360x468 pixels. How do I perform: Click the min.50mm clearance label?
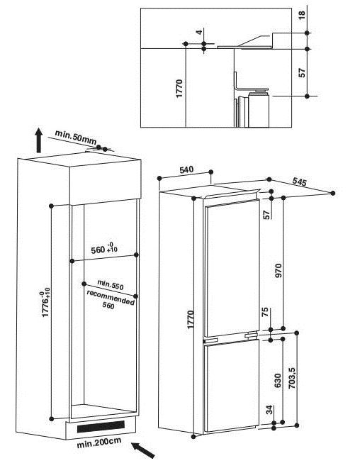click(x=75, y=137)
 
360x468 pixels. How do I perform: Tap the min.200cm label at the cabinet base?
click(x=99, y=442)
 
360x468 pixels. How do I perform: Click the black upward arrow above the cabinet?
click(x=38, y=140)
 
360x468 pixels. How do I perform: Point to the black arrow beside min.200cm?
click(x=143, y=450)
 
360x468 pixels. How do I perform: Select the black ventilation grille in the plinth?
click(x=101, y=426)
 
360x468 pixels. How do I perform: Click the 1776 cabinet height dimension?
click(x=45, y=302)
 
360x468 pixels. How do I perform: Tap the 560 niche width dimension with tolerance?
click(x=104, y=248)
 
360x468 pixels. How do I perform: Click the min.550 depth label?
click(x=111, y=285)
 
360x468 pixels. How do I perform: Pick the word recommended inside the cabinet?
click(x=111, y=297)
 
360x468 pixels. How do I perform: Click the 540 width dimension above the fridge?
click(x=186, y=169)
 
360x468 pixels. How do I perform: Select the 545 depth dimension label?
click(x=299, y=182)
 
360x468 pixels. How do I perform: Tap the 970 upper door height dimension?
click(x=279, y=270)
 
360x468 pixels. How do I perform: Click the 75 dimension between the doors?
click(x=266, y=312)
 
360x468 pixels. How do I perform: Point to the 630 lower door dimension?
click(x=278, y=380)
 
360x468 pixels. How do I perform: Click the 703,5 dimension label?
click(x=292, y=377)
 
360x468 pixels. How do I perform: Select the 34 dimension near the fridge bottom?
click(x=269, y=410)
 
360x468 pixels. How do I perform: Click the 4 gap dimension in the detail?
click(x=199, y=31)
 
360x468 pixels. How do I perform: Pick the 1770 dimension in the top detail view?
click(x=179, y=89)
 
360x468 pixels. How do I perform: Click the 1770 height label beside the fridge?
click(x=191, y=319)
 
